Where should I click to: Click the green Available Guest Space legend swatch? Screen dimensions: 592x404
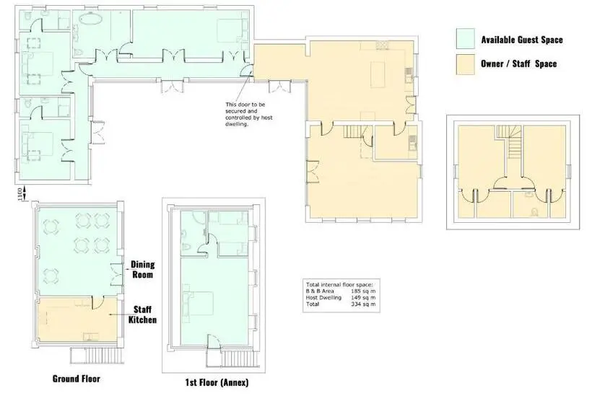click(465, 38)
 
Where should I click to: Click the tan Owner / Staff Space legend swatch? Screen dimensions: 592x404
click(465, 64)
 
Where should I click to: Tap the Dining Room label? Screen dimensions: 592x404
click(143, 269)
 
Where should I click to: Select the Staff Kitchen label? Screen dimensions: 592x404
click(142, 315)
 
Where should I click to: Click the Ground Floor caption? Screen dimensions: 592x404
click(77, 379)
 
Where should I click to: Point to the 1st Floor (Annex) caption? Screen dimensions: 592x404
click(217, 382)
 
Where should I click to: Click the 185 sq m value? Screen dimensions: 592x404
click(363, 291)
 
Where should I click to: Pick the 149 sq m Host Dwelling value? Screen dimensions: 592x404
click(363, 298)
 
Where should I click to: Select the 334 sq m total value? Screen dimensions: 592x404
click(363, 304)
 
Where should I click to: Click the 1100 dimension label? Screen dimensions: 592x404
click(20, 194)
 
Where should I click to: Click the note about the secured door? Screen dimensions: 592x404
click(249, 114)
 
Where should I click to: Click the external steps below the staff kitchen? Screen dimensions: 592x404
click(97, 356)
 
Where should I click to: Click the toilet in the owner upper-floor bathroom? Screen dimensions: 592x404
click(534, 213)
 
